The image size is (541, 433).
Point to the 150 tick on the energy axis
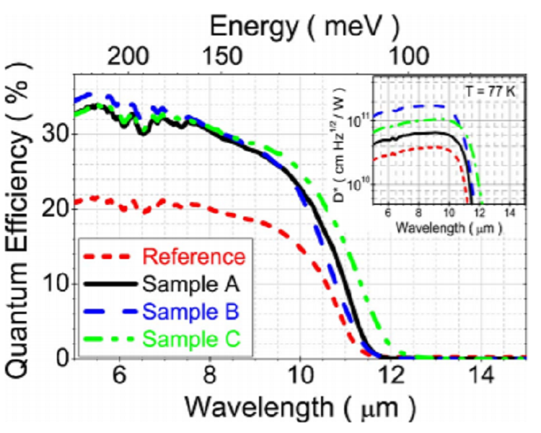point(219,56)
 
